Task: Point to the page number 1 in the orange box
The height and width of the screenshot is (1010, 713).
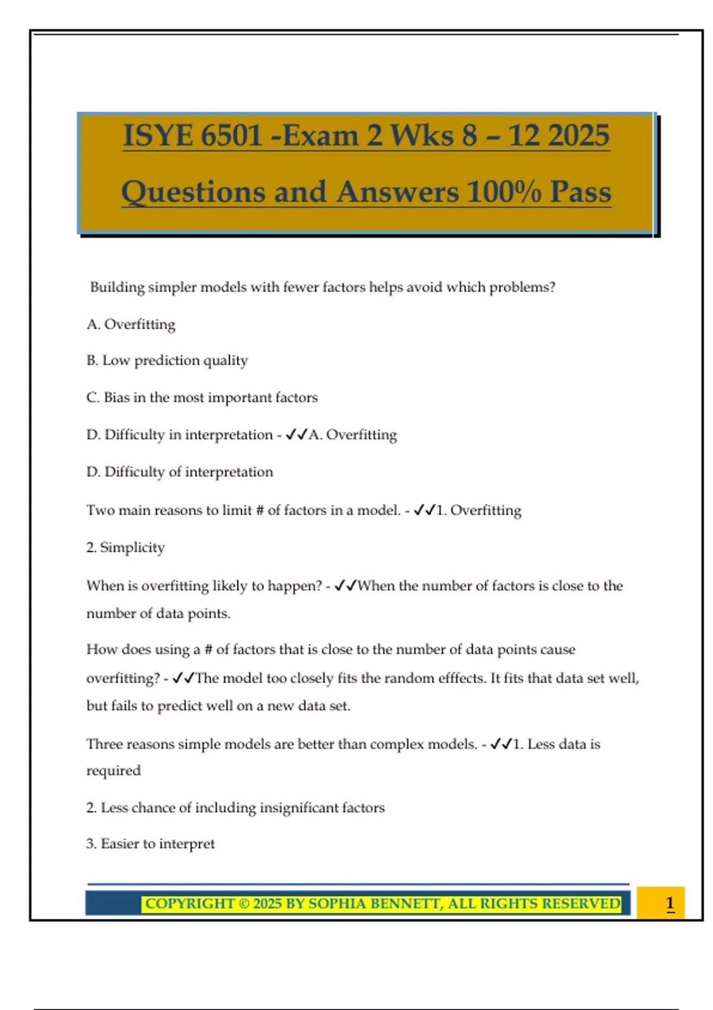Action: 670,904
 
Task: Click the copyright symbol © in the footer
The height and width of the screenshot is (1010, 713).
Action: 244,904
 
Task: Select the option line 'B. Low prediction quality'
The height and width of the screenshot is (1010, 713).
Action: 167,361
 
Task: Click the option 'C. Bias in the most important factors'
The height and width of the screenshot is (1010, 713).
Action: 202,397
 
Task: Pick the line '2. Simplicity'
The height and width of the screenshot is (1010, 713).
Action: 125,547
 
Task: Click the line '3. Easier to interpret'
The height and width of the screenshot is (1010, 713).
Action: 150,844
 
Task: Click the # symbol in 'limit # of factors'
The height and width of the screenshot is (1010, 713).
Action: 259,510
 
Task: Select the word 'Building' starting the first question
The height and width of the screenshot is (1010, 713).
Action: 117,288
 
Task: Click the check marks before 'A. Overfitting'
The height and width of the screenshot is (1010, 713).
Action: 296,435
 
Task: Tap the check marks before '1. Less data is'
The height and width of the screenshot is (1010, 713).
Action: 501,744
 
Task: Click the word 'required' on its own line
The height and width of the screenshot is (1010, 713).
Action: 113,771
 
